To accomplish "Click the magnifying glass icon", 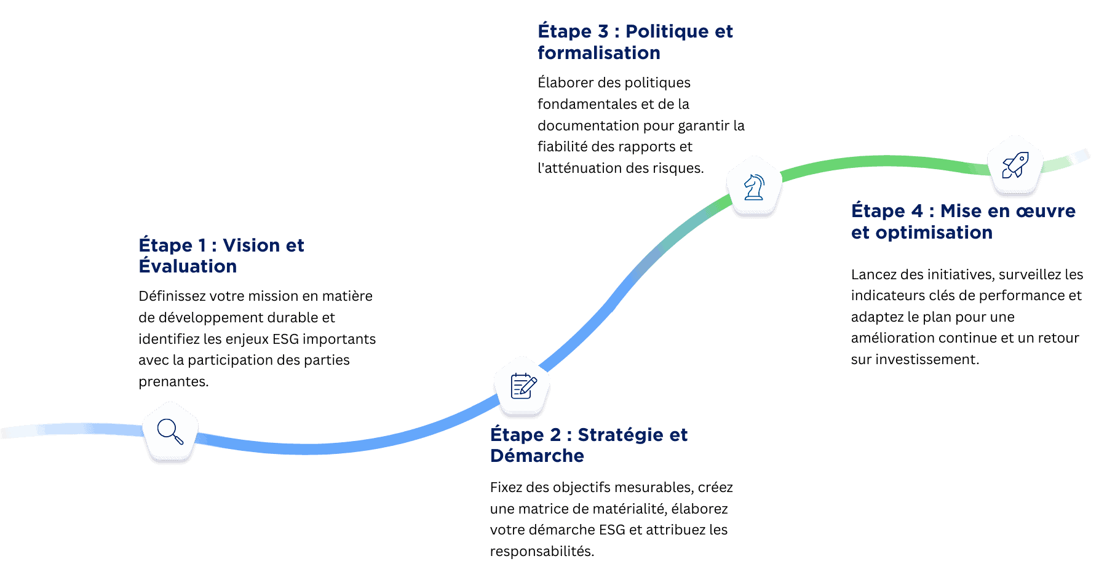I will tap(170, 431).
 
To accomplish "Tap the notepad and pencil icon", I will tap(523, 386).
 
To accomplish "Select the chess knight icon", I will tap(754, 186).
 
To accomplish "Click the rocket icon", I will tap(1015, 165).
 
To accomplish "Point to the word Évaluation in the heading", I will tap(188, 266).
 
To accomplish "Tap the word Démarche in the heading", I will tap(537, 456).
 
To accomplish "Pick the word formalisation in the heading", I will tap(598, 53).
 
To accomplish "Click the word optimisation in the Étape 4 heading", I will tap(934, 232).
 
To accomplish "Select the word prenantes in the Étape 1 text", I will tap(173, 381).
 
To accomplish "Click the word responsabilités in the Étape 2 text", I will tap(541, 551).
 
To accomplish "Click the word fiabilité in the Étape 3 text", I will tap(562, 146).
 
